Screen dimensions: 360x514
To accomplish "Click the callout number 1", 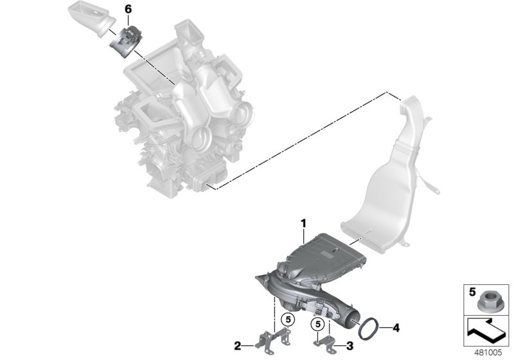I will coord(302,222).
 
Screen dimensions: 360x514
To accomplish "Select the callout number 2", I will coord(238,346).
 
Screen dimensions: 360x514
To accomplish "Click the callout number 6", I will coord(127,10).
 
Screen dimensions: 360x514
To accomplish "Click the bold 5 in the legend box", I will coord(470,291).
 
